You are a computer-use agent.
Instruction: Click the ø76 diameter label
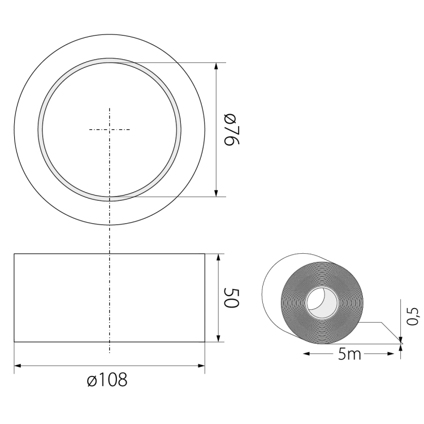point(232,130)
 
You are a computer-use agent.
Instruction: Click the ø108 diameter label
point(107,379)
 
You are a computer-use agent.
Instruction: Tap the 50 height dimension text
point(232,298)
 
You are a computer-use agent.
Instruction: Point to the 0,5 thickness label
point(413,317)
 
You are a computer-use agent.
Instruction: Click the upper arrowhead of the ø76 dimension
point(216,66)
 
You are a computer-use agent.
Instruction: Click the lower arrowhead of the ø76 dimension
point(216,193)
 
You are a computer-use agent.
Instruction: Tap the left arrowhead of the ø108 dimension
point(18,366)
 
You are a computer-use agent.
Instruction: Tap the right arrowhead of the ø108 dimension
point(201,366)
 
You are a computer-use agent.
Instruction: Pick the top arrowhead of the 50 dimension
point(218,257)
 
